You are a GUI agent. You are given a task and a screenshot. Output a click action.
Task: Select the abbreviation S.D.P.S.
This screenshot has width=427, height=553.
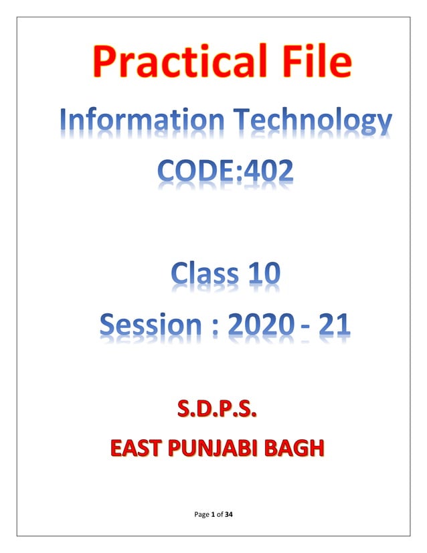214,408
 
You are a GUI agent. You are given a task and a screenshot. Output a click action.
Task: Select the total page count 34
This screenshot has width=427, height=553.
229,514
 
